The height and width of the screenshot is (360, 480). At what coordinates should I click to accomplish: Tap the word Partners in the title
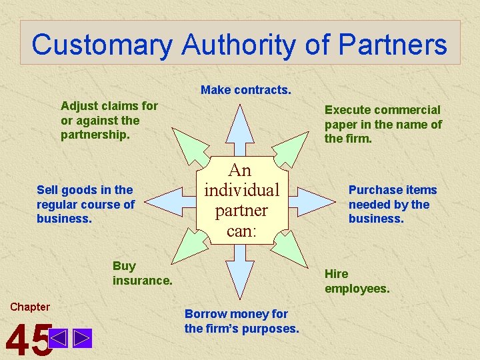[393, 45]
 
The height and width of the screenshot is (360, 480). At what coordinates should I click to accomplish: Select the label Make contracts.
[246, 90]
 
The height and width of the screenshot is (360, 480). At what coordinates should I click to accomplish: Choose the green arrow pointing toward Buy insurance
[189, 253]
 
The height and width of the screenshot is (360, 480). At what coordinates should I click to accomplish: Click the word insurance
[143, 281]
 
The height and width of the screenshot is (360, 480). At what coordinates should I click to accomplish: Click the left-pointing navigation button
[58, 339]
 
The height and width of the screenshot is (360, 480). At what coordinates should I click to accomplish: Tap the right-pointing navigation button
[82, 339]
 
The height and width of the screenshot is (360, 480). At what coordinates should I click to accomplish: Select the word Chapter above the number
[30, 307]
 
